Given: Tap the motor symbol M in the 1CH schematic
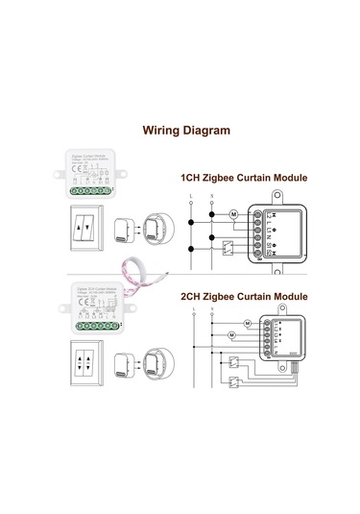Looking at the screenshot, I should click(232, 214).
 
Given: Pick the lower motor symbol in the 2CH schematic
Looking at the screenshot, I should click(233, 335).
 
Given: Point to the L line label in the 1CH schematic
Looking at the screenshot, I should click(192, 197).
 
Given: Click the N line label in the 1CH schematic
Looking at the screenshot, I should click(211, 197).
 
